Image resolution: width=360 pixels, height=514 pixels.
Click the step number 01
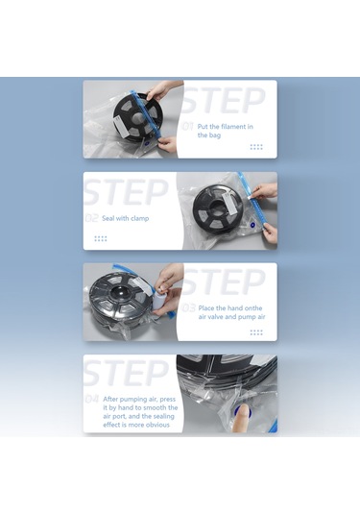coord(188,126)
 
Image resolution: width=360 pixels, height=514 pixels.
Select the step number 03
coord(188,308)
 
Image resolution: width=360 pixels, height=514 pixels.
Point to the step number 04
coord(92,398)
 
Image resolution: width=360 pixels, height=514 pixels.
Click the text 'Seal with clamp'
coord(125,218)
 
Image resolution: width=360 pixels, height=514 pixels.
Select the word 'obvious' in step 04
coord(140,424)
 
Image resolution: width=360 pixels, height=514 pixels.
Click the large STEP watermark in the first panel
coord(224,101)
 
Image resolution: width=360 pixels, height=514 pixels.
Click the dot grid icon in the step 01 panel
coord(256,147)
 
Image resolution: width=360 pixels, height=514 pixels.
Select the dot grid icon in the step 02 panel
coord(101,238)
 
